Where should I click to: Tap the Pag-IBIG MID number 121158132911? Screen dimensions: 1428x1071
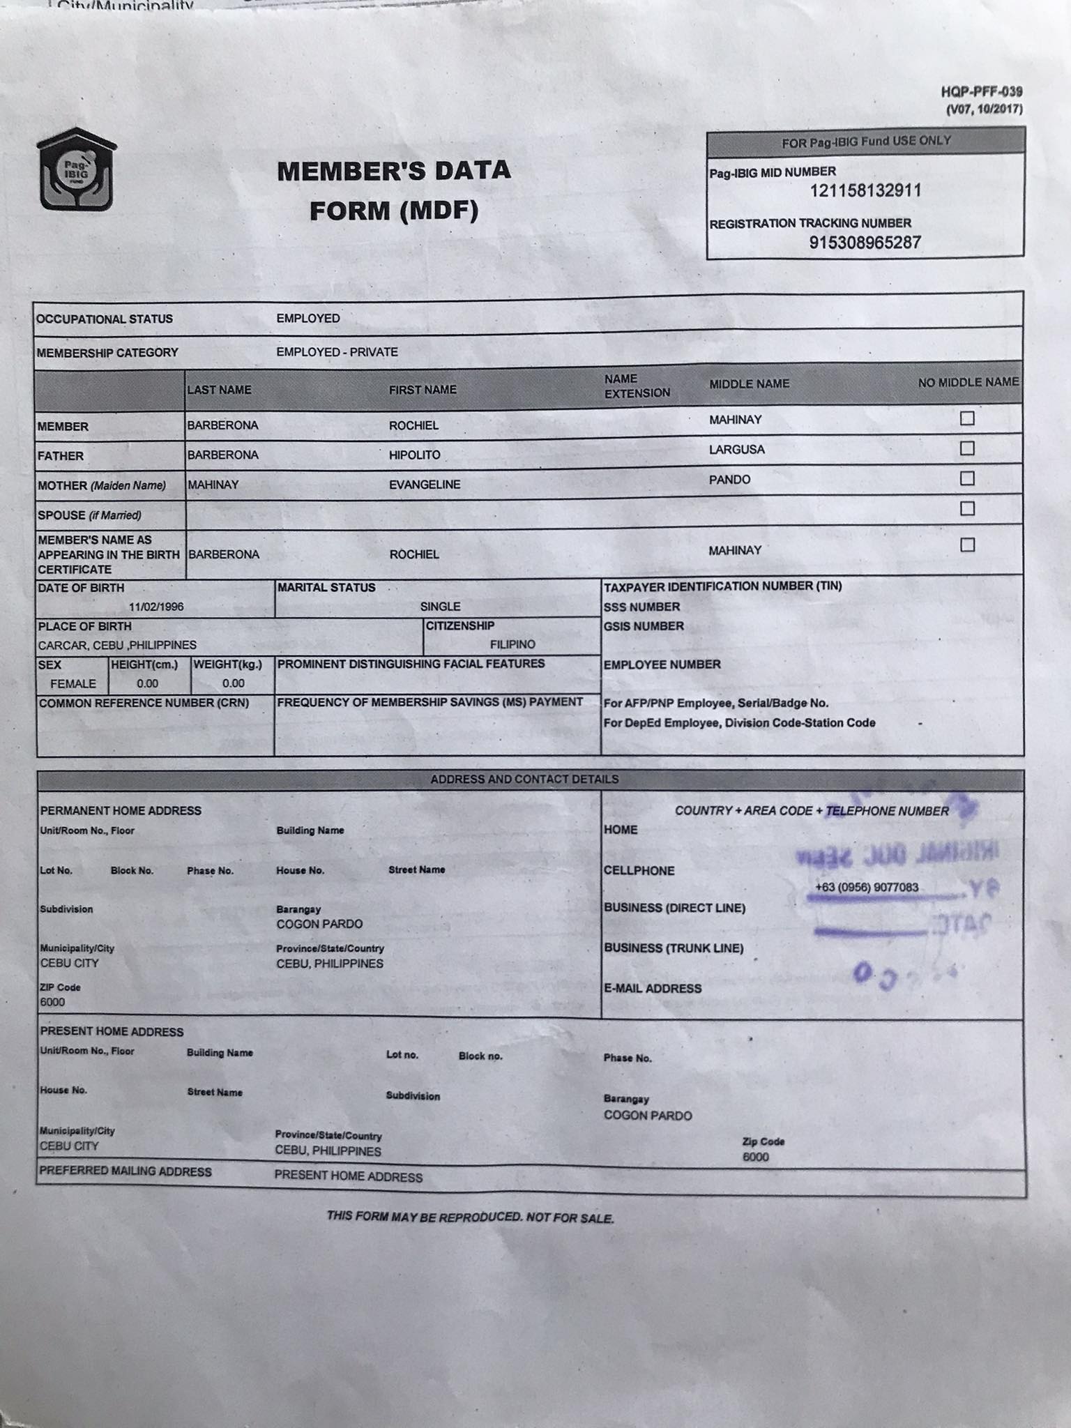tap(865, 190)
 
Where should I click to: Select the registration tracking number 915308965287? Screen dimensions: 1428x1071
tap(865, 243)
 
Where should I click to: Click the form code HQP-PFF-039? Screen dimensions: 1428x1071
tap(981, 92)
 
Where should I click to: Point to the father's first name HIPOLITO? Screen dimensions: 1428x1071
tap(415, 455)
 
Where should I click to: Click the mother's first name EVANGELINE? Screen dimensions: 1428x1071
tap(425, 485)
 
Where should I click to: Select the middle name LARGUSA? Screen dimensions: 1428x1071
tap(737, 450)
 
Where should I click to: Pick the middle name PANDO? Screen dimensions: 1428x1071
tap(729, 480)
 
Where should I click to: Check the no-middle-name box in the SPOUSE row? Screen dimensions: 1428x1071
tap(967, 508)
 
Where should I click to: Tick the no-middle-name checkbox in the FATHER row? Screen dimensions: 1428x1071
tap(967, 448)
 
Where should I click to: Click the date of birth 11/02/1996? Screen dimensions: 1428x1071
tap(156, 607)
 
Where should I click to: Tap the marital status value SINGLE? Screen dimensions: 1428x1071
tap(440, 607)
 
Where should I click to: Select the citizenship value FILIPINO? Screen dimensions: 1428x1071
tap(512, 644)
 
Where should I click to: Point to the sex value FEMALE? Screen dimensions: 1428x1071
tap(73, 683)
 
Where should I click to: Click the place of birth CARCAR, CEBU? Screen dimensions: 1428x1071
tap(117, 645)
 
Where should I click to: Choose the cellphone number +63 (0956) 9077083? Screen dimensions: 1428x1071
tap(867, 888)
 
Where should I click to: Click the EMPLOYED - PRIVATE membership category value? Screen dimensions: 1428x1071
tap(337, 352)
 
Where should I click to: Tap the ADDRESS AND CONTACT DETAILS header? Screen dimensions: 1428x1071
tap(524, 780)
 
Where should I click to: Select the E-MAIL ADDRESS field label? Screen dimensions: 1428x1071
tap(653, 989)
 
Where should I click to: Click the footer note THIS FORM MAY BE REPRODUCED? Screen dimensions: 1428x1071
tap(470, 1217)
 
